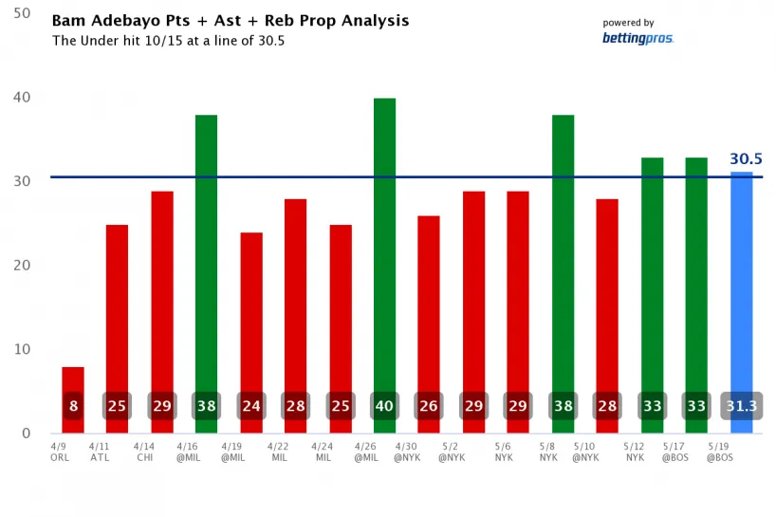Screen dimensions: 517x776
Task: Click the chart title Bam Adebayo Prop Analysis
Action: pyautogui.click(x=231, y=20)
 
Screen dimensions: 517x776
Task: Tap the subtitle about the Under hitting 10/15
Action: pyautogui.click(x=168, y=41)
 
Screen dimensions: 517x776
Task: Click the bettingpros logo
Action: pyautogui.click(x=637, y=38)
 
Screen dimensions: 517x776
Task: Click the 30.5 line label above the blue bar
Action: pyautogui.click(x=747, y=159)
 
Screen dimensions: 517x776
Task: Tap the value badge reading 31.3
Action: pyautogui.click(x=741, y=406)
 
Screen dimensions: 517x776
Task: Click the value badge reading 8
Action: pyautogui.click(x=73, y=406)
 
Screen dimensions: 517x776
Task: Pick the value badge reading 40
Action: pyautogui.click(x=384, y=406)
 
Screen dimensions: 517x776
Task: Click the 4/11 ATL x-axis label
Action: pyautogui.click(x=99, y=451)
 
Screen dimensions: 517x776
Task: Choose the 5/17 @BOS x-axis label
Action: pyautogui.click(x=674, y=451)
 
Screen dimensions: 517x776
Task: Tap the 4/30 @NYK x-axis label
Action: pyautogui.click(x=406, y=451)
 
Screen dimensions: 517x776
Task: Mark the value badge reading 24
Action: pyautogui.click(x=251, y=406)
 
